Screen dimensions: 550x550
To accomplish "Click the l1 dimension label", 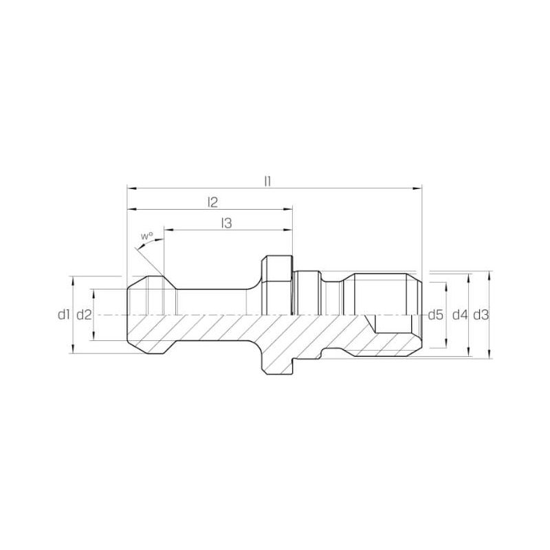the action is point(267,181).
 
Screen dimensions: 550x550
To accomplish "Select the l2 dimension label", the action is point(213,202).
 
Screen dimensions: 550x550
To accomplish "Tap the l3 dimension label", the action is point(227,223).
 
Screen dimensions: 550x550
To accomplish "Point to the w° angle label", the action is point(147,236).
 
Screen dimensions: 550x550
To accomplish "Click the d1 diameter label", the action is point(63,315).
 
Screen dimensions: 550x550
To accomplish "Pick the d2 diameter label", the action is point(84,315).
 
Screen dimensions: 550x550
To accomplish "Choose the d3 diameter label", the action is point(481,316).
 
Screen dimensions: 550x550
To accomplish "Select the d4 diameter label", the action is point(460,316).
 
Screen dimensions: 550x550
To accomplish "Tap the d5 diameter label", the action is point(436,316).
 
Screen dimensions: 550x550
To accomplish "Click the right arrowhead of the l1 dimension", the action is point(418,188).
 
